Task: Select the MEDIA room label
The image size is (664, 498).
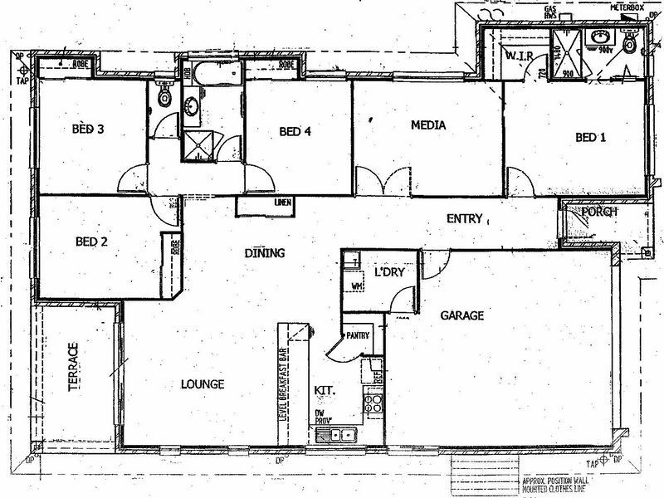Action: click(428, 126)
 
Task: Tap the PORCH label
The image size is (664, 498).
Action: click(598, 212)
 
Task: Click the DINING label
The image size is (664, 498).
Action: click(265, 253)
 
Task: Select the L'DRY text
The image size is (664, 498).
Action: click(389, 271)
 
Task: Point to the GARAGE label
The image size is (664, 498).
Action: click(461, 315)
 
